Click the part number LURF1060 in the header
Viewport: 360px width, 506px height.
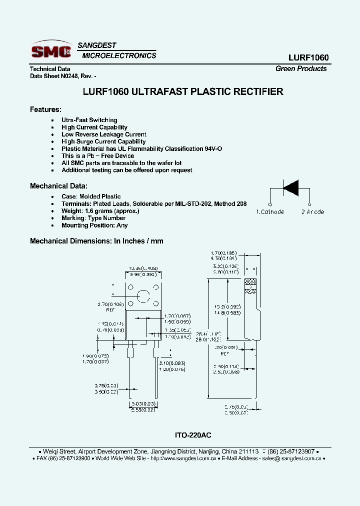click(x=308, y=58)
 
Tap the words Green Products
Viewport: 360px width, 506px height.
click(x=301, y=68)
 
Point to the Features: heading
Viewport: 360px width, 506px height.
click(x=45, y=109)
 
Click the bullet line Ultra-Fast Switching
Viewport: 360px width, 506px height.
click(x=89, y=120)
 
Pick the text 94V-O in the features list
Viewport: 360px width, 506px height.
click(x=213, y=149)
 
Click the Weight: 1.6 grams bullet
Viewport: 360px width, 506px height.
click(x=100, y=211)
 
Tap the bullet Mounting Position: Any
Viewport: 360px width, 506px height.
click(x=94, y=225)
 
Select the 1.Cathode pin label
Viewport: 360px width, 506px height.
click(x=270, y=212)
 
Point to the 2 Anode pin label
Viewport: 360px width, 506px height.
click(x=312, y=212)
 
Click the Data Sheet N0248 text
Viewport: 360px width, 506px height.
click(x=55, y=76)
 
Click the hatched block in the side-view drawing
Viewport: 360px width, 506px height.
click(x=250, y=285)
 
